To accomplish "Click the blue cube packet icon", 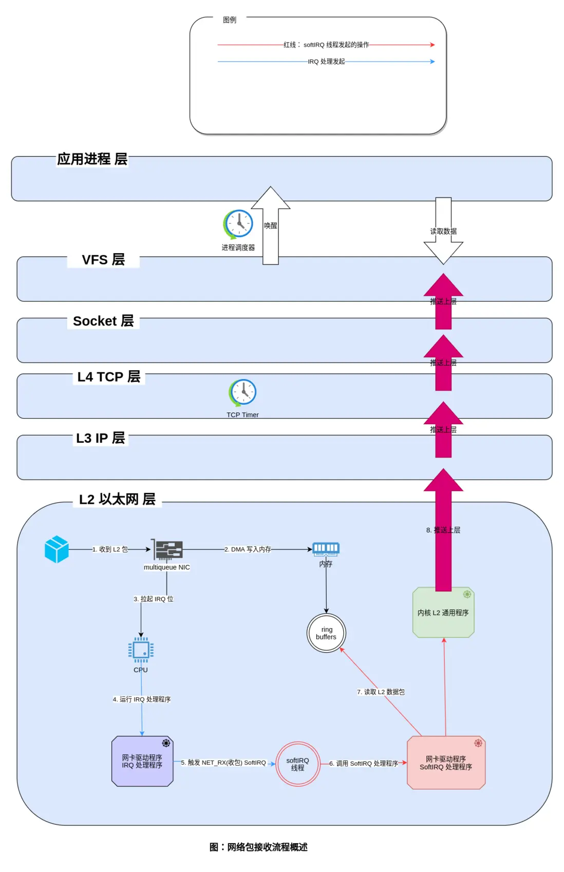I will click(x=57, y=549).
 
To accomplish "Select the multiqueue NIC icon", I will click(x=167, y=549).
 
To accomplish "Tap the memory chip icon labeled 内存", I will click(x=326, y=548).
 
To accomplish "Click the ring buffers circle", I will click(x=326, y=633).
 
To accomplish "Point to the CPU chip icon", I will click(x=141, y=650).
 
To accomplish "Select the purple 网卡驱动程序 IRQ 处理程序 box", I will click(x=142, y=761).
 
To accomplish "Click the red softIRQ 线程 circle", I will click(x=298, y=764).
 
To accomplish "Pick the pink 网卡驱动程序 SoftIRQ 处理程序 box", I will click(x=445, y=763).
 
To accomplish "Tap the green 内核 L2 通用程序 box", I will click(x=443, y=613).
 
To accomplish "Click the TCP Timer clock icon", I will click(x=243, y=393).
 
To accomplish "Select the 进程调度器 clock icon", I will click(x=238, y=224).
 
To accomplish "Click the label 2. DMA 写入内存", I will click(x=248, y=549).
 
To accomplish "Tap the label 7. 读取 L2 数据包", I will click(x=381, y=692).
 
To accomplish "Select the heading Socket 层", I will click(x=103, y=321).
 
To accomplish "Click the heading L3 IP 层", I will click(x=101, y=438).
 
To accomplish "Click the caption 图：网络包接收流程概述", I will click(x=258, y=847).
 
